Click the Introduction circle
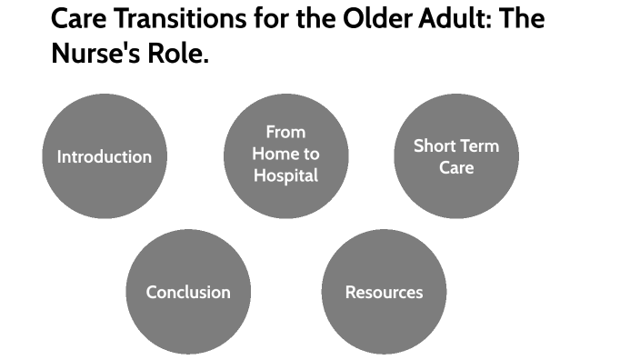105,156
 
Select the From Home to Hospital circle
285,156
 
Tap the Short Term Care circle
455,156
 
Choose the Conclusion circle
188,292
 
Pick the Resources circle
384,292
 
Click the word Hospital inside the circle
285,175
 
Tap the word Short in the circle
434,145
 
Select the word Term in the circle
479,145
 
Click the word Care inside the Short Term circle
456,167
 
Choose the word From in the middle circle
285,133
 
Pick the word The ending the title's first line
521,19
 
